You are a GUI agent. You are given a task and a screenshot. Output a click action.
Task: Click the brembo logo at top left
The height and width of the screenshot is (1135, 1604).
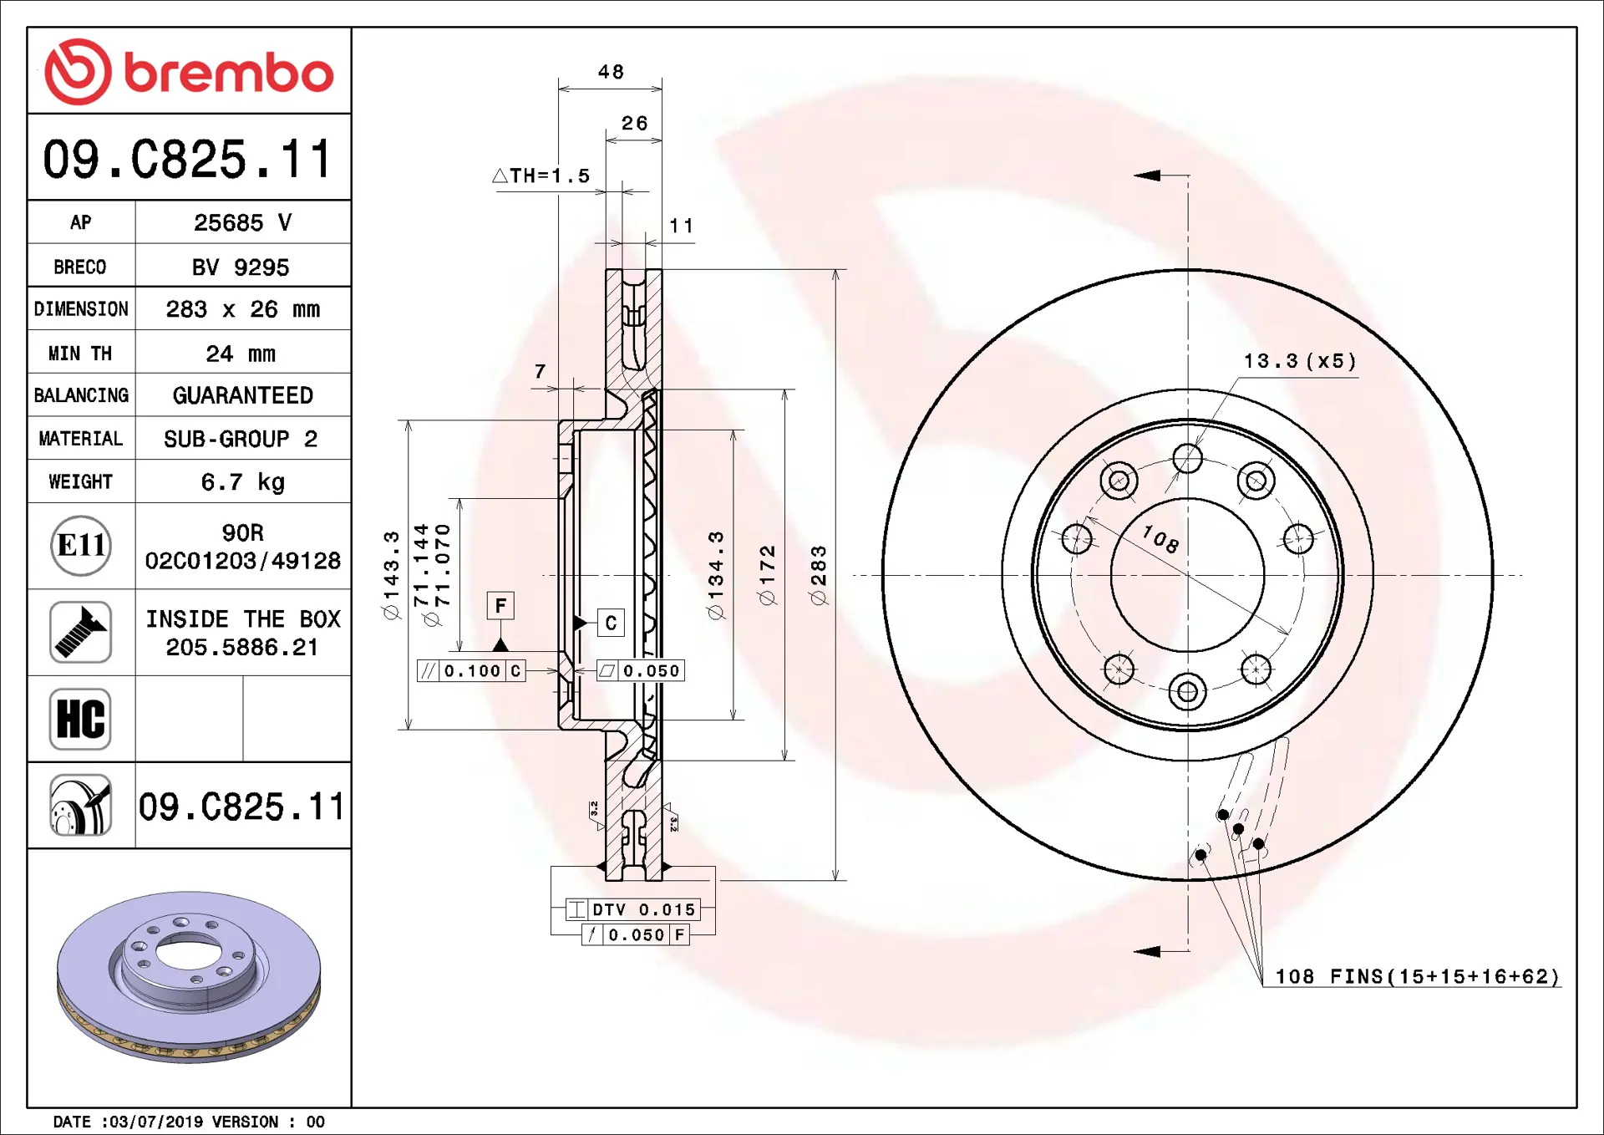click(189, 72)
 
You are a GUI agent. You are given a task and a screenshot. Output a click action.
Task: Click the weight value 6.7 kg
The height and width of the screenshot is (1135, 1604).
click(242, 482)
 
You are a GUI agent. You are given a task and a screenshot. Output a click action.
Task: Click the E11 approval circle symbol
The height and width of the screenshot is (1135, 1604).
click(81, 546)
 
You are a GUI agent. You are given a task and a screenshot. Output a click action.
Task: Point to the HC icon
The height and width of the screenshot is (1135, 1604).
click(80, 719)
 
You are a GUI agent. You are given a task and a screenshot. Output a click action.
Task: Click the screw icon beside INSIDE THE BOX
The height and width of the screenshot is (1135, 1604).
click(80, 633)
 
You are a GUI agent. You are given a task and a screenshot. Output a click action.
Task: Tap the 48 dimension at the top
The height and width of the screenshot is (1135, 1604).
click(611, 73)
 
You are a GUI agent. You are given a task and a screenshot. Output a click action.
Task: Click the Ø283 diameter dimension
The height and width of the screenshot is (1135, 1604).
click(819, 575)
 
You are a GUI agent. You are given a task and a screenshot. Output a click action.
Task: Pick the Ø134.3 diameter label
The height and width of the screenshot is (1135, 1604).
click(716, 575)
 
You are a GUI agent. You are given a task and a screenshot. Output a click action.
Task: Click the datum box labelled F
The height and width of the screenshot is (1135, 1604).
click(500, 606)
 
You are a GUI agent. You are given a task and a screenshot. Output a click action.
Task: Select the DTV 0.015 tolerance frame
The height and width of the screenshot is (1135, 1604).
click(633, 910)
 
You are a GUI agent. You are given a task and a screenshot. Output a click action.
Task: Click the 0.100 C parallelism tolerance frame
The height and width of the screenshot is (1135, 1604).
click(472, 671)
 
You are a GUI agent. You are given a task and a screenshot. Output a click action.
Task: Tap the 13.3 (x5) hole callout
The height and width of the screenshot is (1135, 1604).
click(1299, 361)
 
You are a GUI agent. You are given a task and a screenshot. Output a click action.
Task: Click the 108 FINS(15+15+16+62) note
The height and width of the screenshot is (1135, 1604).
click(1417, 977)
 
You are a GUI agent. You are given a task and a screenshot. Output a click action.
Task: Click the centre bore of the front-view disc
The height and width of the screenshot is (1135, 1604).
click(1187, 575)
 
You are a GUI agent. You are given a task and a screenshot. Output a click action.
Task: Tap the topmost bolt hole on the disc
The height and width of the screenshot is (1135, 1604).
click(1187, 459)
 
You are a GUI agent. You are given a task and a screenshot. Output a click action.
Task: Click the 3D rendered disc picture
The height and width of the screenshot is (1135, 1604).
click(189, 976)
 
